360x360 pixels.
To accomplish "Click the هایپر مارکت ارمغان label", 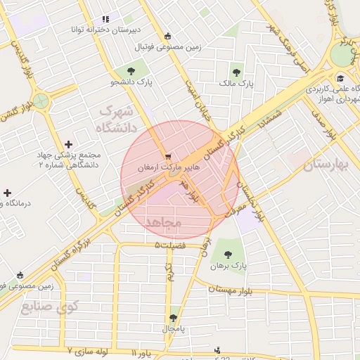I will tap(168, 169).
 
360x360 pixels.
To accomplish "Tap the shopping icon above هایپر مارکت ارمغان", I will tap(167, 157).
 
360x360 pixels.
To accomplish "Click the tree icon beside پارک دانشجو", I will tap(131, 70).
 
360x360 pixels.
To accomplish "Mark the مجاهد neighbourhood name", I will tap(163, 222).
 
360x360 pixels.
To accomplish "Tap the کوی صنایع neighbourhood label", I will tap(49, 307).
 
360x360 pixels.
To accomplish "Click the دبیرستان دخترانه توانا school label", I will tap(105, 30).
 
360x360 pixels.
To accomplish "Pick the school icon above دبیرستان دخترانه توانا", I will tap(105, 19).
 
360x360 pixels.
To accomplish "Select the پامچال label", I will tap(173, 329).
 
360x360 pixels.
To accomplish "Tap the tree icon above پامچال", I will tap(174, 317).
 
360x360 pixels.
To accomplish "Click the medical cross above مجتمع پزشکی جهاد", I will tap(67, 143).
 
